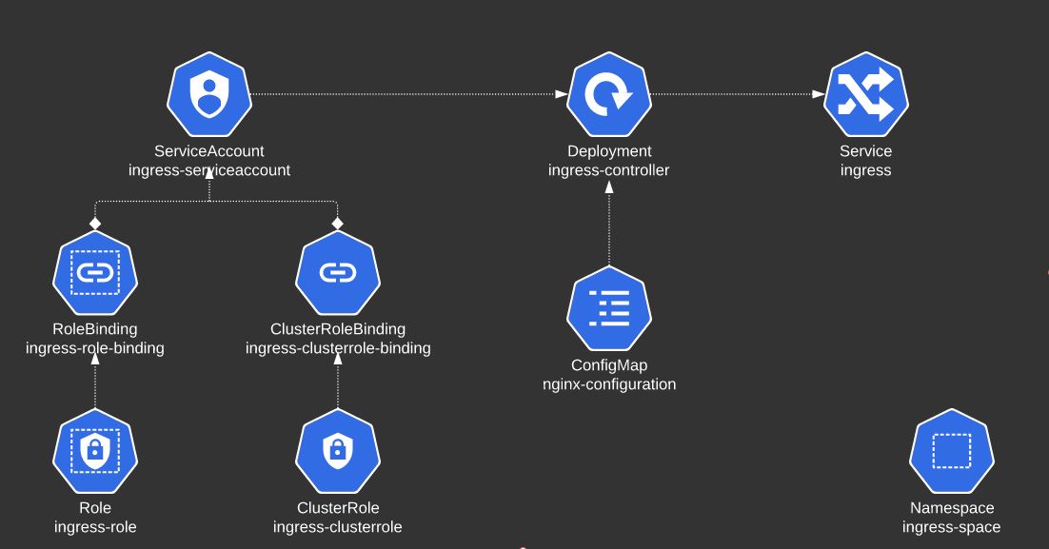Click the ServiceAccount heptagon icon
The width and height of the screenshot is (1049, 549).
(208, 95)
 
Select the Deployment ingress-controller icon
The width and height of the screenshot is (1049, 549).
(609, 95)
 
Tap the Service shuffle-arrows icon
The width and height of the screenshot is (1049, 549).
(866, 95)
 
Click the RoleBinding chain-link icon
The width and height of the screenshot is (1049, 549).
(95, 274)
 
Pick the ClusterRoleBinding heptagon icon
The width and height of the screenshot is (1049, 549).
(338, 274)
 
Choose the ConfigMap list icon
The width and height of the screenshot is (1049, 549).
(609, 309)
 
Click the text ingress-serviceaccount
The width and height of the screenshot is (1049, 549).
(209, 170)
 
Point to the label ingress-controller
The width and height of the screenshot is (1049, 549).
(609, 170)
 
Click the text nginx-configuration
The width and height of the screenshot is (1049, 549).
(609, 384)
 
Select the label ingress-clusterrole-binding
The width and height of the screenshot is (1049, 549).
(338, 348)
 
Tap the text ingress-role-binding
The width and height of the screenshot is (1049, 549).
(95, 348)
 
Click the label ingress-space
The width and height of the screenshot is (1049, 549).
(952, 527)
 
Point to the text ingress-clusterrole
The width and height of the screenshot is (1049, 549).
(338, 527)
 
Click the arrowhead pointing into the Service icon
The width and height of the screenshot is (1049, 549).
(819, 94)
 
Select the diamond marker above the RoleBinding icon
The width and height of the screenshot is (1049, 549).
(95, 222)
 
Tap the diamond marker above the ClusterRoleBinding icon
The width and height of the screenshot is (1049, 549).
(338, 222)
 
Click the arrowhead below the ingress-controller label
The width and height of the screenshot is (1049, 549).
(609, 187)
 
